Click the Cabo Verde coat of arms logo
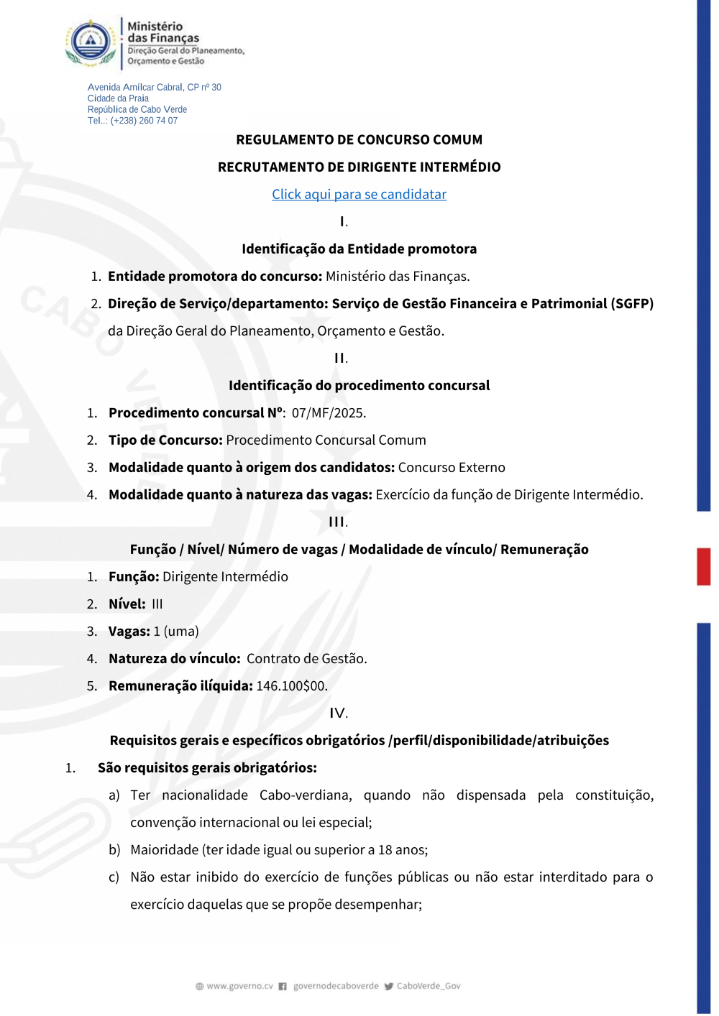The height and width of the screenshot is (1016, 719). coord(91,42)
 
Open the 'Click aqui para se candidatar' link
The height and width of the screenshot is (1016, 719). coord(359,194)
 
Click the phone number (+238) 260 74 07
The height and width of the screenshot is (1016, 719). coord(144,121)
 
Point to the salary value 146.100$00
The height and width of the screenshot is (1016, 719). coord(291,686)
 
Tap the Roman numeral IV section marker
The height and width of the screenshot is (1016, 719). coord(338,713)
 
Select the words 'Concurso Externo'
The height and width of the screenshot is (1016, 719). coord(452,468)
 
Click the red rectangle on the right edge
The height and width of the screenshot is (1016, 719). coord(703,567)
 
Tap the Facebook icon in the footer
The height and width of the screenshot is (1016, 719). coord(283,987)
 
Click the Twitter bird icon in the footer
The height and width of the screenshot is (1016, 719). coord(388,987)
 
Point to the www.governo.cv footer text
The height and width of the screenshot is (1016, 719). coord(239,987)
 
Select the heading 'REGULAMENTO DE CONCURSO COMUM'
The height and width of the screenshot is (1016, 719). coord(359,140)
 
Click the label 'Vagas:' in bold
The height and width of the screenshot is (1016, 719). coord(129,632)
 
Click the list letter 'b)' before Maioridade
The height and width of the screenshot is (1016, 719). coord(114,850)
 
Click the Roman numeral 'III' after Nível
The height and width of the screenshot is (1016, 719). coord(157,604)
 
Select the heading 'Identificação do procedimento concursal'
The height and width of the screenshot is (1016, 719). coord(359,386)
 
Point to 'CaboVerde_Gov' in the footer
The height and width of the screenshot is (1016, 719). coord(429,987)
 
